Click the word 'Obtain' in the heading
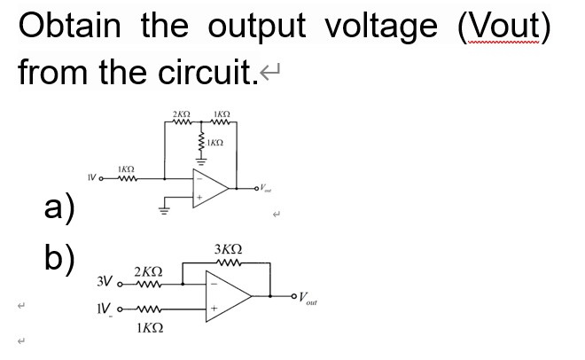click(x=73, y=27)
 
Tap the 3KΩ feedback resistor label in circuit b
click(x=230, y=248)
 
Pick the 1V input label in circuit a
click(x=92, y=180)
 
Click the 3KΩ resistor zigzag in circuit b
click(x=230, y=262)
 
